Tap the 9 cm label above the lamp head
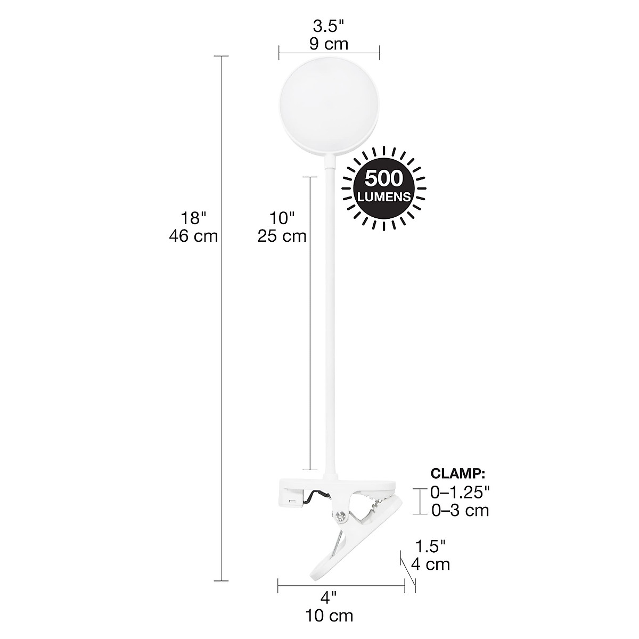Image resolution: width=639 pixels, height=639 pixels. tap(329, 44)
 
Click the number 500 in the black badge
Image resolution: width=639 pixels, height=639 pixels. tap(384, 178)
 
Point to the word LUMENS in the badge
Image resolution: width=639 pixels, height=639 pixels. tap(384, 196)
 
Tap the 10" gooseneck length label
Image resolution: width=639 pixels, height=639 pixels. tap(282, 218)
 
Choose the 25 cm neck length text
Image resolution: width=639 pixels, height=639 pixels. tap(282, 236)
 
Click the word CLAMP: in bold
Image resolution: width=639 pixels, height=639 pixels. tap(457, 473)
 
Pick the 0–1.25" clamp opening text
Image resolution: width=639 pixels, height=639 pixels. tap(460, 491)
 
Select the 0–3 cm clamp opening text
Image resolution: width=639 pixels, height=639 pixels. tap(460, 510)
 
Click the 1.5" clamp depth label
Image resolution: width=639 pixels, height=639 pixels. tap(430, 545)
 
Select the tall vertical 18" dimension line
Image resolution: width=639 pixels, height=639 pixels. tap(221, 319)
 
